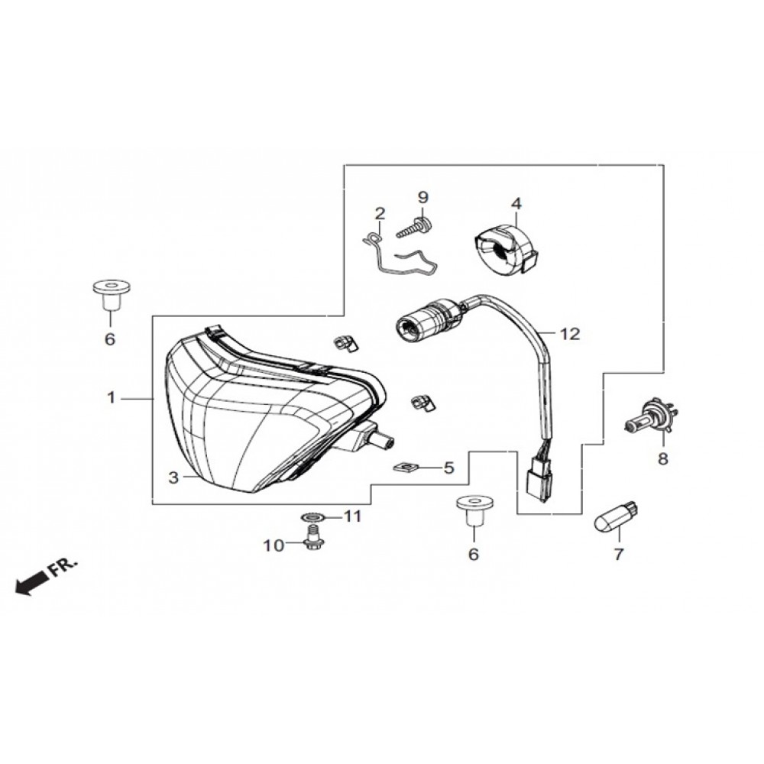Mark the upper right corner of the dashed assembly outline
[x=664, y=165]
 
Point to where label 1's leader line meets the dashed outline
[x=153, y=399]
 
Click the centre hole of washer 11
[x=309, y=516]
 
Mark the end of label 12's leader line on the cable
[x=542, y=333]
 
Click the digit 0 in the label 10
[x=280, y=545]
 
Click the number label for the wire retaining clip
[x=380, y=213]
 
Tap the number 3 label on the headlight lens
[x=174, y=478]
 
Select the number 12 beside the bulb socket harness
[x=570, y=335]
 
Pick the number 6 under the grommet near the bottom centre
[x=474, y=554]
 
